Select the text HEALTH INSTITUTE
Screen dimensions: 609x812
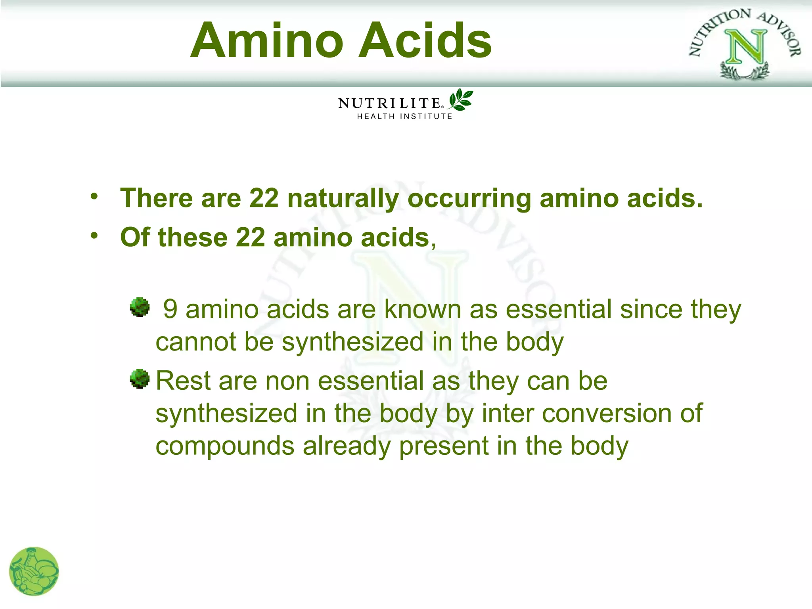coord(405,117)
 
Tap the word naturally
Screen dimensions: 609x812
coord(343,199)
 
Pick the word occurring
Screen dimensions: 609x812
coord(469,199)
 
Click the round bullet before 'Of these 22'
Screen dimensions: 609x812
coord(94,236)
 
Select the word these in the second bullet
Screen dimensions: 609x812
coord(192,237)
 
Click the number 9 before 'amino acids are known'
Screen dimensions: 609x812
coord(170,309)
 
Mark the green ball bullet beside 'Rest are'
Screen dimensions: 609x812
coord(140,379)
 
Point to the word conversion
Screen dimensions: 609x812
coord(607,413)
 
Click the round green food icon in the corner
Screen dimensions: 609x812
coord(34,571)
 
